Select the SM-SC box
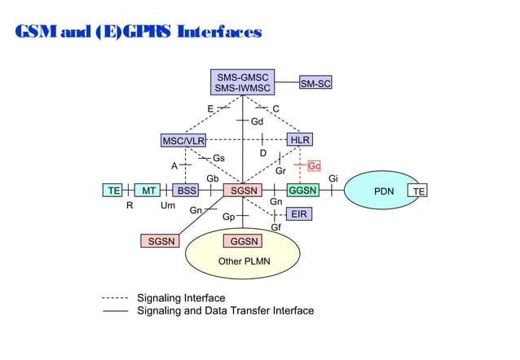[x=315, y=83]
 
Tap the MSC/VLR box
[x=183, y=140]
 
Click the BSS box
[x=187, y=191]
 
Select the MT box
[x=148, y=191]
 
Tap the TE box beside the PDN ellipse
[x=418, y=191]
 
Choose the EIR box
[x=300, y=214]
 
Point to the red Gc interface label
[x=314, y=165]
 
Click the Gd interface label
[x=257, y=121]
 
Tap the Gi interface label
[x=333, y=178]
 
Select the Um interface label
[x=168, y=206]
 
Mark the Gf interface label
[x=275, y=227]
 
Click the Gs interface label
[x=219, y=157]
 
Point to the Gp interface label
[x=228, y=217]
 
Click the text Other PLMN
[x=244, y=261]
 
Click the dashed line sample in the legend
[x=115, y=298]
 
